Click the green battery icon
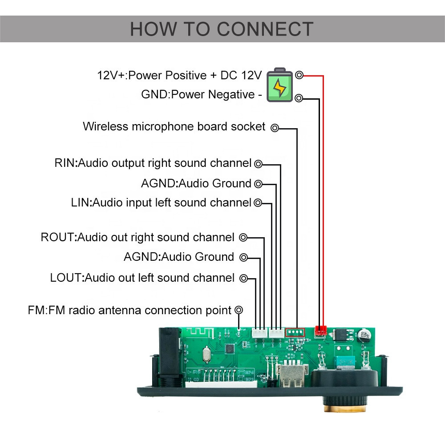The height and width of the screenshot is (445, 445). [x=280, y=85]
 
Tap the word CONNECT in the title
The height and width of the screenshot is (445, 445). [x=266, y=29]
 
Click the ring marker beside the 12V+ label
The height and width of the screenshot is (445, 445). [x=299, y=75]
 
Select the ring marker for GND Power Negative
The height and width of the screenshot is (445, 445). [x=299, y=98]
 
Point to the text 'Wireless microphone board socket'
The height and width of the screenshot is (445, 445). [x=174, y=126]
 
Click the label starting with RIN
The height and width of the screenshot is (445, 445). [x=153, y=163]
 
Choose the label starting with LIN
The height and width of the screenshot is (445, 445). [x=161, y=203]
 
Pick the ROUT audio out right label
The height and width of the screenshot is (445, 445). [x=138, y=237]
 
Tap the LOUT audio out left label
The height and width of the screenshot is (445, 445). [x=142, y=278]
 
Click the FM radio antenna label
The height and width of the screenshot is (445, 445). [x=129, y=310]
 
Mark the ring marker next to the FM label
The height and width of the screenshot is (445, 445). [x=239, y=310]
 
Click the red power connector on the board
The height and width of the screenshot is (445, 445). [x=320, y=331]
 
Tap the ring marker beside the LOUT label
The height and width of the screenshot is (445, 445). [x=243, y=279]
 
